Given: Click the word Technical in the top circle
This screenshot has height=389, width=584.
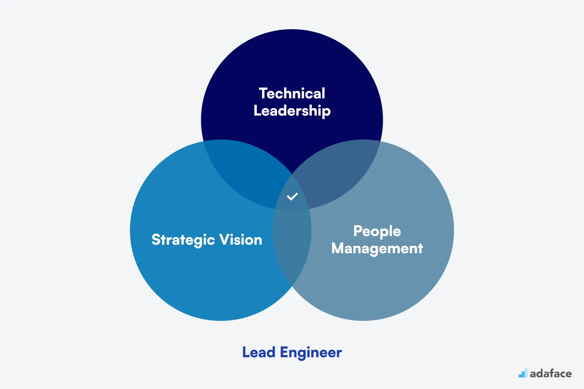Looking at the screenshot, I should [x=292, y=94].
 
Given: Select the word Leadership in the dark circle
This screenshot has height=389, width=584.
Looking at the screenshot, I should [x=292, y=111].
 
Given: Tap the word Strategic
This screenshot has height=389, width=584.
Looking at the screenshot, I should [x=183, y=240].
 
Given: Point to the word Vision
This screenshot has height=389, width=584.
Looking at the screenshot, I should [x=241, y=240].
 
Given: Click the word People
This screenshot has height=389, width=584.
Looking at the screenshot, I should [x=377, y=232].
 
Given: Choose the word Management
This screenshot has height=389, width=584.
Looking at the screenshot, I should [x=377, y=249].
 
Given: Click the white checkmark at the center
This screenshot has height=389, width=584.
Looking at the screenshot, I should [x=292, y=196].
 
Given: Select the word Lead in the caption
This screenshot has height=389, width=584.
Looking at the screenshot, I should [x=259, y=352].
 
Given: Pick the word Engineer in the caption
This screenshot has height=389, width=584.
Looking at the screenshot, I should [x=311, y=353].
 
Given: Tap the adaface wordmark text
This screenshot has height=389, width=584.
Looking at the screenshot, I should [x=551, y=374].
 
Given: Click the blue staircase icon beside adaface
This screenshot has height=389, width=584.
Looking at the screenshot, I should [x=523, y=373].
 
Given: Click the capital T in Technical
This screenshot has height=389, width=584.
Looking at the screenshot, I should [x=264, y=94].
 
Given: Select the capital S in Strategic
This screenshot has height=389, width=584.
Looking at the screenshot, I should [x=156, y=240].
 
